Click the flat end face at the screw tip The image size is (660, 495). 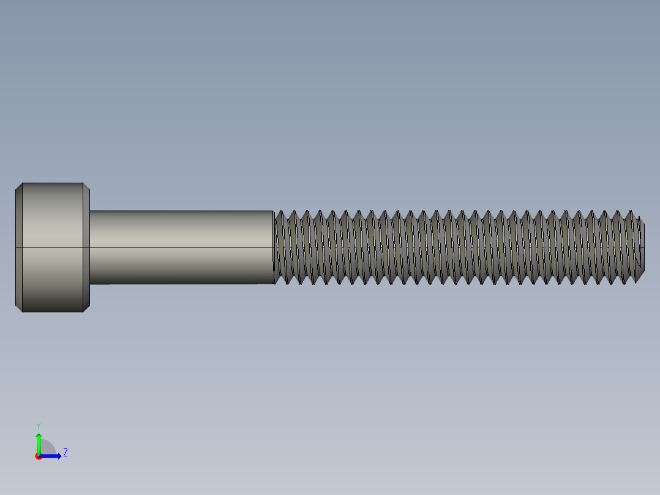click(x=642, y=247)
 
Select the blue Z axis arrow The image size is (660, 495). click(x=52, y=456)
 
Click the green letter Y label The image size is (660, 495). click(x=39, y=425)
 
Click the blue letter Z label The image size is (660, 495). click(x=65, y=453)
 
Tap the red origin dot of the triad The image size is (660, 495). click(x=39, y=456)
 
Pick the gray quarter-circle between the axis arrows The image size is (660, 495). click(x=47, y=448)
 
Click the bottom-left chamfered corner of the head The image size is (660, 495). click(x=19, y=308)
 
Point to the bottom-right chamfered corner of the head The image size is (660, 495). click(x=87, y=308)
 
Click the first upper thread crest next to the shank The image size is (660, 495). click(x=280, y=212)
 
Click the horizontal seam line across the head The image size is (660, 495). click(x=53, y=247)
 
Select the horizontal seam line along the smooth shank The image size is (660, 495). click(x=181, y=247)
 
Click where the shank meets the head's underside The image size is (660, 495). click(x=91, y=247)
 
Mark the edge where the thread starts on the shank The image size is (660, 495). click(x=274, y=247)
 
